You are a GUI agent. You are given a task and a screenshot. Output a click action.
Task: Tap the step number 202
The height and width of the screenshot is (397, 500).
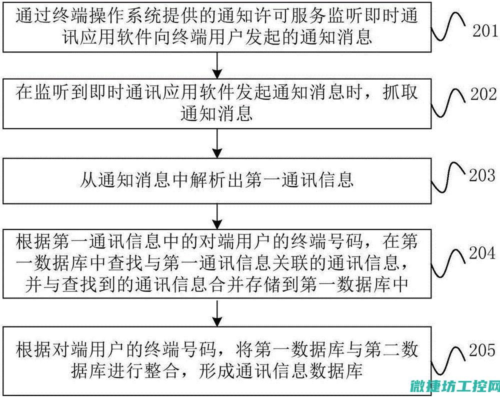[483, 94]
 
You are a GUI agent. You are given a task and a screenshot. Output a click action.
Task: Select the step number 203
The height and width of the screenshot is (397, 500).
[482, 175]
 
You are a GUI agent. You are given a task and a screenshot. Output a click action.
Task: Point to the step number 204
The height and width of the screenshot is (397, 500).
[482, 253]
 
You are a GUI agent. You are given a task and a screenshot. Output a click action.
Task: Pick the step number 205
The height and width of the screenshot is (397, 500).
[482, 350]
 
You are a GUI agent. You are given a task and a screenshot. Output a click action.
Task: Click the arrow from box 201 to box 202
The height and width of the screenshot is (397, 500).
[217, 65]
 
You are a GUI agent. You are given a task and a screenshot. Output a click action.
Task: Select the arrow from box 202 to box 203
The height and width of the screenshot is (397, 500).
[217, 143]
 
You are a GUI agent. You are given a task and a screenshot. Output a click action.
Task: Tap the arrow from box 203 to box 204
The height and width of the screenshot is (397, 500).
[217, 216]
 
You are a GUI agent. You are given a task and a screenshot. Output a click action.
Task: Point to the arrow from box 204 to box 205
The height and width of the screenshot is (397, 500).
[217, 312]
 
